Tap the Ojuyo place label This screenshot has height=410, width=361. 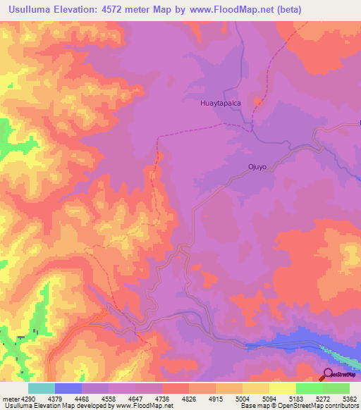tap(256, 167)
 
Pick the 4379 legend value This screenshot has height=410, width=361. tap(69, 398)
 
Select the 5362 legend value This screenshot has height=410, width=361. tap(350, 398)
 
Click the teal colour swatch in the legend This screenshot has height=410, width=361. tap(42, 388)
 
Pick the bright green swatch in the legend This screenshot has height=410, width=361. tap(310, 388)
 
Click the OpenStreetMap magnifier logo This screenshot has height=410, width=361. tap(329, 374)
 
